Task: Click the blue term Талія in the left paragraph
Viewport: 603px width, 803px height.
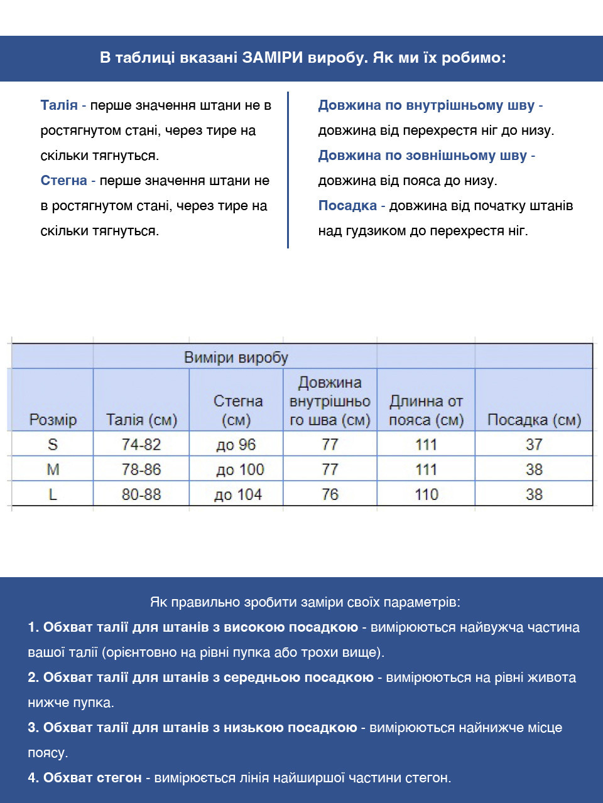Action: pyautogui.click(x=59, y=105)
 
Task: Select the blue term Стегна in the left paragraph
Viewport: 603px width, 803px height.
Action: pyautogui.click(x=63, y=181)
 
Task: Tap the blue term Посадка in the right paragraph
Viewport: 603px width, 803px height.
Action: pyautogui.click(x=347, y=206)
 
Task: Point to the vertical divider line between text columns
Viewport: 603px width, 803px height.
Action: pyautogui.click(x=288, y=169)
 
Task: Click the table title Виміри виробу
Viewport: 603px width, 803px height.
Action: pyautogui.click(x=236, y=358)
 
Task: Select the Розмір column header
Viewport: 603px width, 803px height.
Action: pyautogui.click(x=53, y=420)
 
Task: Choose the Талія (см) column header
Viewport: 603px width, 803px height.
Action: pyautogui.click(x=141, y=420)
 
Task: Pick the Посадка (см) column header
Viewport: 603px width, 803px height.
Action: pyautogui.click(x=534, y=420)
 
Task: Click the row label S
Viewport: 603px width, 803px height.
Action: pyautogui.click(x=53, y=445)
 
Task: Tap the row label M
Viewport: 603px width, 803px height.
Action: pyautogui.click(x=53, y=469)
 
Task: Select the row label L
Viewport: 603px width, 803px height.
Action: pyautogui.click(x=53, y=494)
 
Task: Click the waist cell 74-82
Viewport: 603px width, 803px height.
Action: pyautogui.click(x=141, y=445)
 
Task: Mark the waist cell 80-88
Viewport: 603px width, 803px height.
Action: pyautogui.click(x=141, y=494)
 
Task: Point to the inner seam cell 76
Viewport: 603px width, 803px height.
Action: pyautogui.click(x=330, y=494)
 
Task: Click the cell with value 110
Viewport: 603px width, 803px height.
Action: pyautogui.click(x=426, y=494)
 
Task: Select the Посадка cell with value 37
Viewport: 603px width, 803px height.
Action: pyautogui.click(x=534, y=445)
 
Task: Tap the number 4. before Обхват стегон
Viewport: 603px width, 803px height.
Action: pyautogui.click(x=33, y=778)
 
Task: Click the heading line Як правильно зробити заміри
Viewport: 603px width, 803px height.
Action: pyautogui.click(x=305, y=602)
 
